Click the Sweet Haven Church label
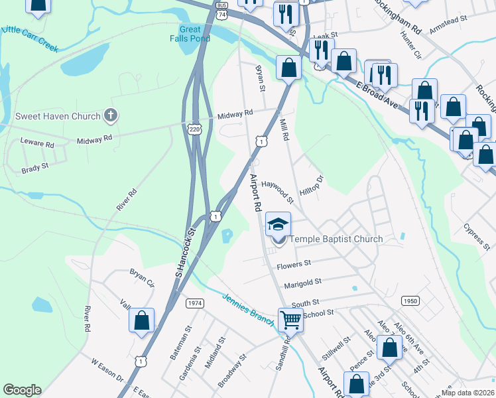point(58,116)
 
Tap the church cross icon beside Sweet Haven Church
point(111,116)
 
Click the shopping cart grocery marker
point(290,320)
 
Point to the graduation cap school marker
point(279,224)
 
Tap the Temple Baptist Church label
point(336,239)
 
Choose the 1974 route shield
point(195,303)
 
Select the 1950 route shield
point(410,301)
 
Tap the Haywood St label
point(277,190)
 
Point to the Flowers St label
point(294,264)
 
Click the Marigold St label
point(302,283)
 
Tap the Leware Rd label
point(37,143)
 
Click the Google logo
point(22,390)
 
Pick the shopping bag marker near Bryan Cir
point(142,321)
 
